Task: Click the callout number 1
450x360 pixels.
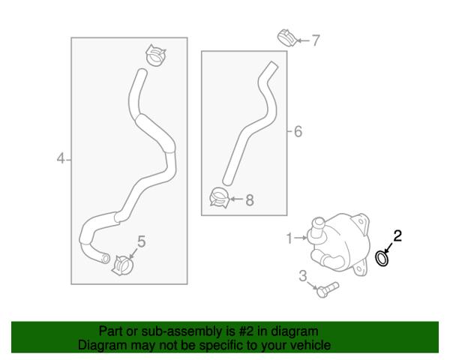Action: pos(289,238)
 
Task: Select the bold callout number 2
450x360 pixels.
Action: pos(397,236)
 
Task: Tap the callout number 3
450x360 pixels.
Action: pos(303,276)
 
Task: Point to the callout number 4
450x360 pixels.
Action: pos(61,158)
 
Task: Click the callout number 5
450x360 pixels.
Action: pos(142,241)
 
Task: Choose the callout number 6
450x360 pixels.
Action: pos(298,131)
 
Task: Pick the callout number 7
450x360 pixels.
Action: pos(316,40)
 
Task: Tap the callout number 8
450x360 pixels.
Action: pos(250,199)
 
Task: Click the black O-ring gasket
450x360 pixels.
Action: pos(382,258)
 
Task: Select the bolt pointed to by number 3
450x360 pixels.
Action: pos(327,289)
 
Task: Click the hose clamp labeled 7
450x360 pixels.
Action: pos(287,37)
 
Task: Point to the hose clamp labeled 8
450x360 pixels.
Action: pos(220,197)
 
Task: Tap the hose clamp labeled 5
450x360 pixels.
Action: pos(123,265)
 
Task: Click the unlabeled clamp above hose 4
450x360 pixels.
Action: pos(156,55)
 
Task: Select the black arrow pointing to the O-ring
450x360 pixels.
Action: pos(388,247)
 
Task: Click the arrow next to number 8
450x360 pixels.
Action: pos(236,199)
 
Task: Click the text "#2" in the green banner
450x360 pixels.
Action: pos(245,331)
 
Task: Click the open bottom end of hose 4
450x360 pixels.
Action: pos(106,259)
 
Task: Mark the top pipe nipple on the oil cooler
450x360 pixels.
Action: pos(317,227)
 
